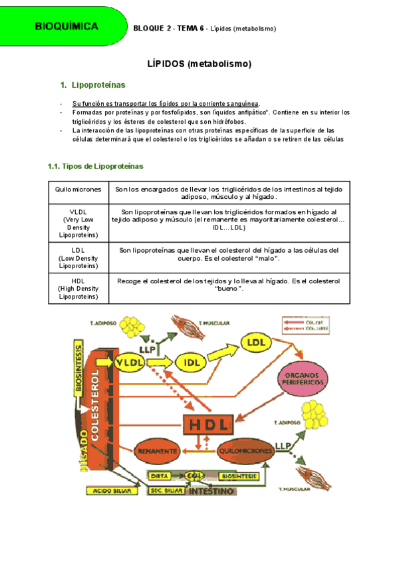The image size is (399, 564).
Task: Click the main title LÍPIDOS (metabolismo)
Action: tap(199, 65)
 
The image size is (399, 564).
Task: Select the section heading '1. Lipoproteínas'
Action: tap(98, 86)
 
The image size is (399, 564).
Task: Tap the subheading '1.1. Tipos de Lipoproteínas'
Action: tap(95, 166)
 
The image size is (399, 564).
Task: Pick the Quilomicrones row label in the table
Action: tap(78, 190)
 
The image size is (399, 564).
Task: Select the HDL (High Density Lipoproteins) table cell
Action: tap(78, 289)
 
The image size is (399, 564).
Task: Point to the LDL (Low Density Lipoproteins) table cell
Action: tap(78, 257)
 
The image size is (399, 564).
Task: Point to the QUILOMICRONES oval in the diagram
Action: tap(246, 451)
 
